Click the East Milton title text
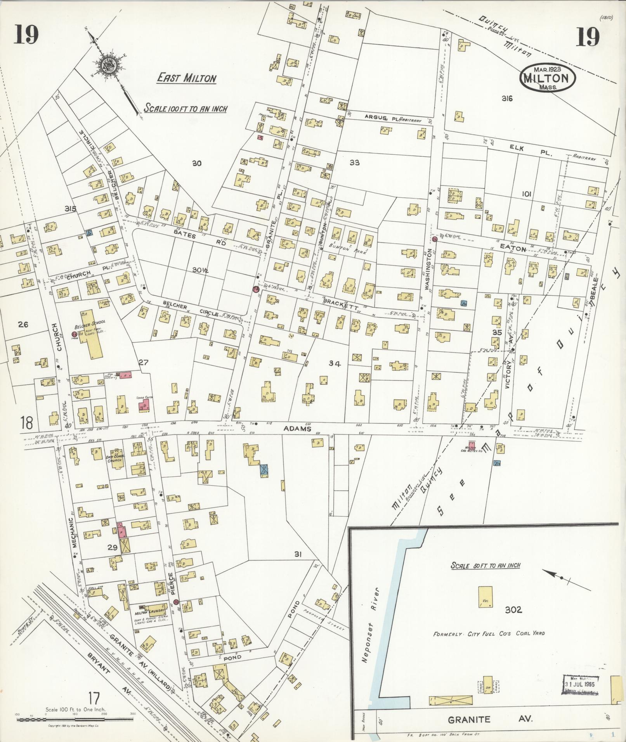(x=186, y=78)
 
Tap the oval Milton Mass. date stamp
(x=548, y=78)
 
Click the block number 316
(x=507, y=99)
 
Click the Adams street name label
(x=297, y=429)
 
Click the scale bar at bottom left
(x=75, y=720)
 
